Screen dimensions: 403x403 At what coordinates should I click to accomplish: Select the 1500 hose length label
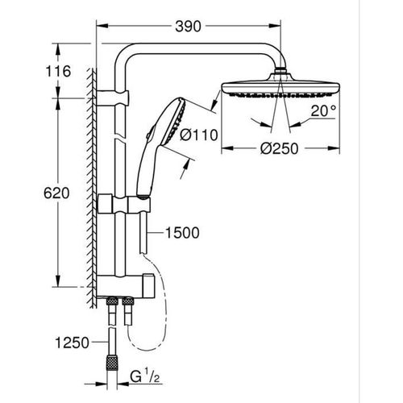click(x=181, y=232)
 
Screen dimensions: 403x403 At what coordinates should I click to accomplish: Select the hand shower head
click(x=168, y=122)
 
